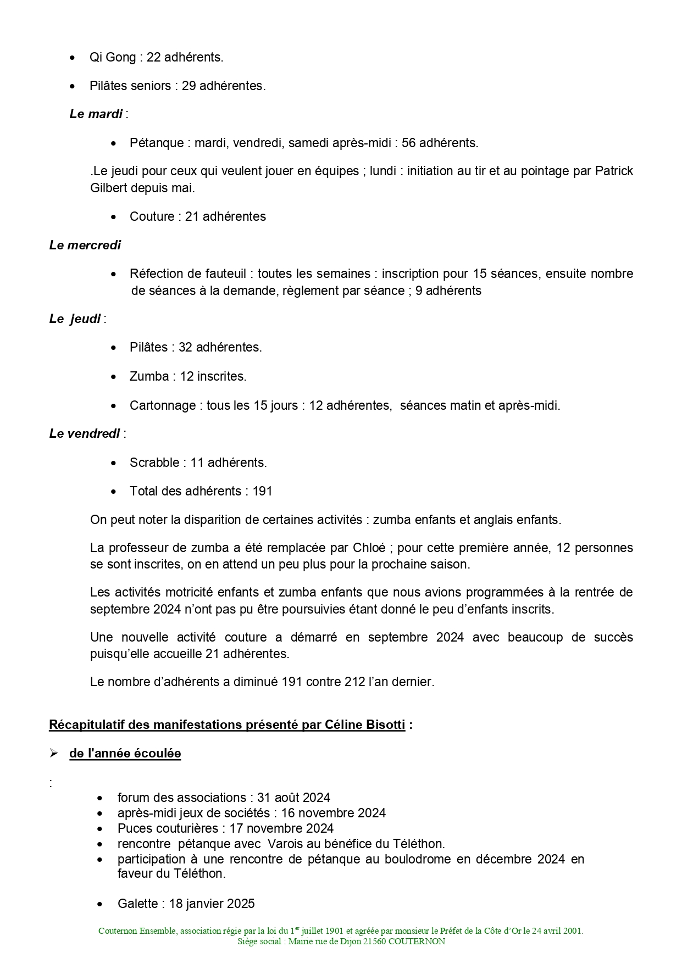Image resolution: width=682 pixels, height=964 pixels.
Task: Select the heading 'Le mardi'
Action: [96, 114]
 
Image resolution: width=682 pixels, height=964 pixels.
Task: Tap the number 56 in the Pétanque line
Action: [409, 143]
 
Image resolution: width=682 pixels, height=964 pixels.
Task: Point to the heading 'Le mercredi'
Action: [85, 245]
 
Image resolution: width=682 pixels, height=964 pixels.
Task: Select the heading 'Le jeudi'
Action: [75, 319]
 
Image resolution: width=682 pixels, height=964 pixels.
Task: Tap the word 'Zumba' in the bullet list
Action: [149, 376]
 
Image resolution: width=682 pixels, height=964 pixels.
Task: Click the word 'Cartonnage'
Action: [163, 405]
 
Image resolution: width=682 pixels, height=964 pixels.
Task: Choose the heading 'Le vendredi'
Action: [84, 433]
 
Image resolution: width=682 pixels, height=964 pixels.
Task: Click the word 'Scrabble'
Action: [154, 463]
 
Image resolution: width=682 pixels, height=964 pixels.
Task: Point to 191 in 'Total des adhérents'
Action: [262, 491]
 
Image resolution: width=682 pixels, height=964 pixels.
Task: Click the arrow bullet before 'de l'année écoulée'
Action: [54, 754]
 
